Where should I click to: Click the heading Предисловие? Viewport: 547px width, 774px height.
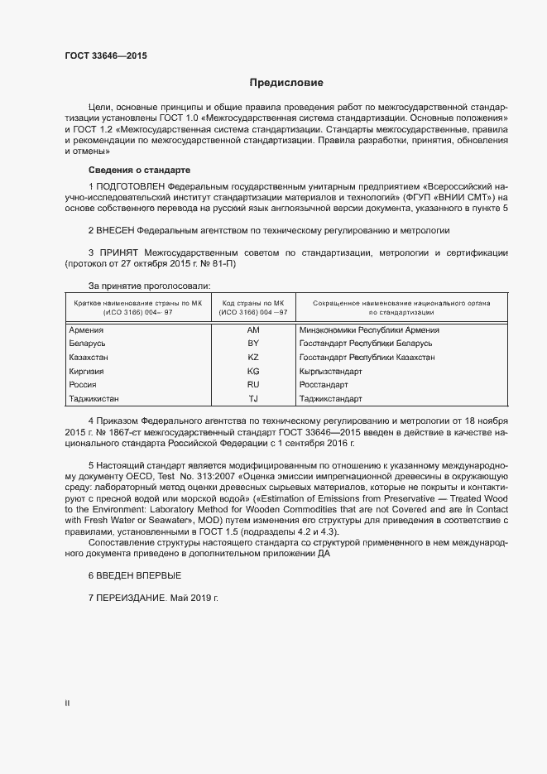point(286,83)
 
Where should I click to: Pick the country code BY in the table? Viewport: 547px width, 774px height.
point(253,344)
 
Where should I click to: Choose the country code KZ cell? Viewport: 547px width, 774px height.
point(253,358)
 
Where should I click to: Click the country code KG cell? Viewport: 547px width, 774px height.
point(253,372)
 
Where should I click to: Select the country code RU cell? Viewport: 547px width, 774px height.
point(253,385)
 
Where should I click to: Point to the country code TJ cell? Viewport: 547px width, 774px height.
point(253,399)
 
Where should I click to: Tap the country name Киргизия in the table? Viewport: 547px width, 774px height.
point(87,372)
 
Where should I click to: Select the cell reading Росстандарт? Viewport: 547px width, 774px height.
point(324,385)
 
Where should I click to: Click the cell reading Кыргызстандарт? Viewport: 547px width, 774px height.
point(330,372)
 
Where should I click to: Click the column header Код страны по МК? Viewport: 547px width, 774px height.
point(253,304)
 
